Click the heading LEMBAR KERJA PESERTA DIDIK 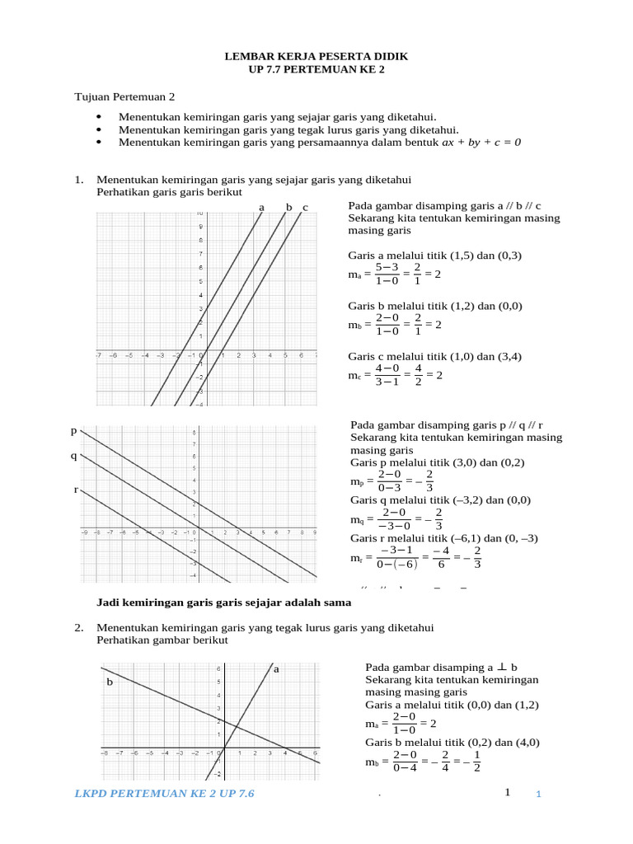316,56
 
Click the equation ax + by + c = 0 482,142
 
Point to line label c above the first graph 305,207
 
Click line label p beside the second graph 73,431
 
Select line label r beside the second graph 76,490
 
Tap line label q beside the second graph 73,456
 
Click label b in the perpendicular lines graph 109,682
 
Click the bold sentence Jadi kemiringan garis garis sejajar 218,603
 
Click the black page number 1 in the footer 508,792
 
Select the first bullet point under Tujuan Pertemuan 277,117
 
